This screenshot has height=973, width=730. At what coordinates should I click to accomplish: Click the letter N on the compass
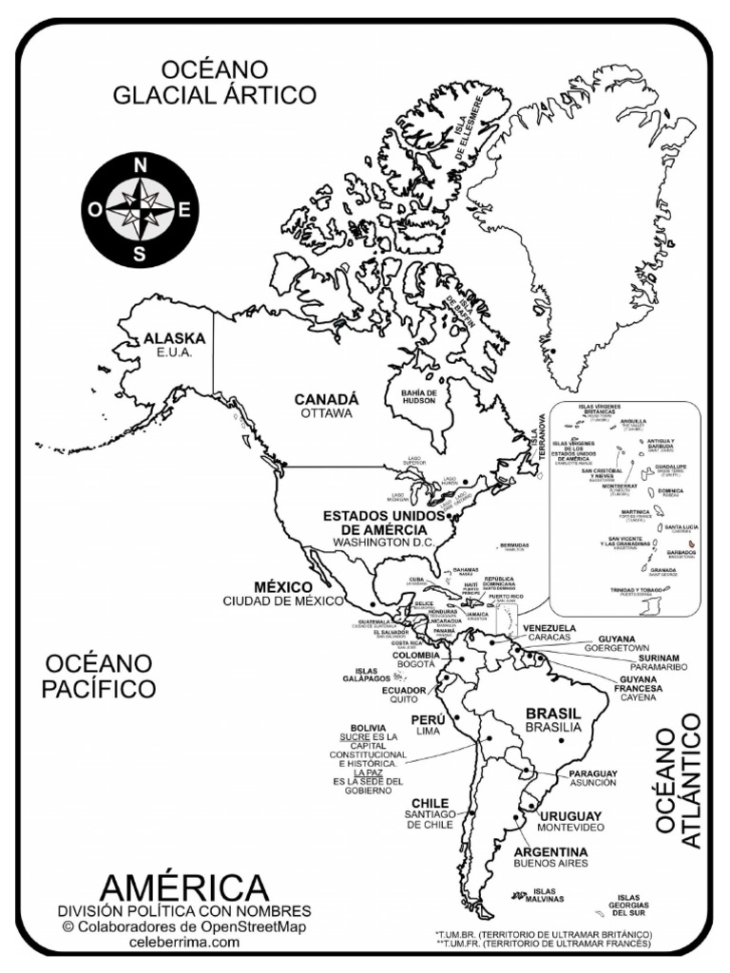141,165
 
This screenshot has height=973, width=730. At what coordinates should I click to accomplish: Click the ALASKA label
174,337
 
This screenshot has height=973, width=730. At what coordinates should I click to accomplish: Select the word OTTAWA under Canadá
326,414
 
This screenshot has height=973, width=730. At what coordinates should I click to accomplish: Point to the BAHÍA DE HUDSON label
418,396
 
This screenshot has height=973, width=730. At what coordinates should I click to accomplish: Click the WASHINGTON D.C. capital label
383,542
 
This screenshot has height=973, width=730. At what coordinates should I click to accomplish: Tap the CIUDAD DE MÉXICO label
282,601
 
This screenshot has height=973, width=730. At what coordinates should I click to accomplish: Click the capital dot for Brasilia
563,739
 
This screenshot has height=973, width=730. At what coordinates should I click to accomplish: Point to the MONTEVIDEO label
571,829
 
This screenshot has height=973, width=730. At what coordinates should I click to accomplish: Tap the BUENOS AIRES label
550,864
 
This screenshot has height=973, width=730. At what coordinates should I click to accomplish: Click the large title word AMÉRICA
184,887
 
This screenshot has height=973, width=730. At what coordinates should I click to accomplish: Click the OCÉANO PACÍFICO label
98,675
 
